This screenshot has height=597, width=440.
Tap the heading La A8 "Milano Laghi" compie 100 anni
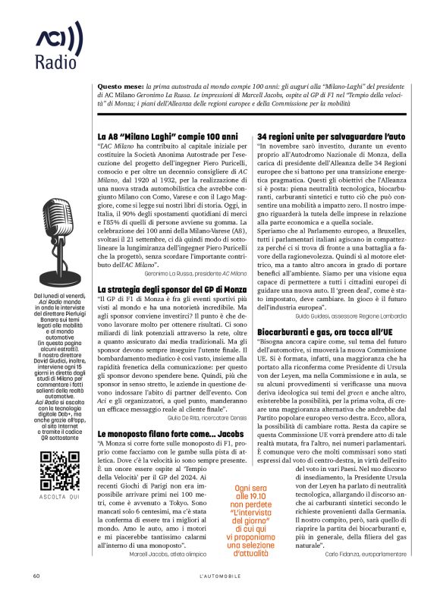(x=164, y=136)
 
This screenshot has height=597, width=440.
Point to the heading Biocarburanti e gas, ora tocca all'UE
(x=325, y=332)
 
